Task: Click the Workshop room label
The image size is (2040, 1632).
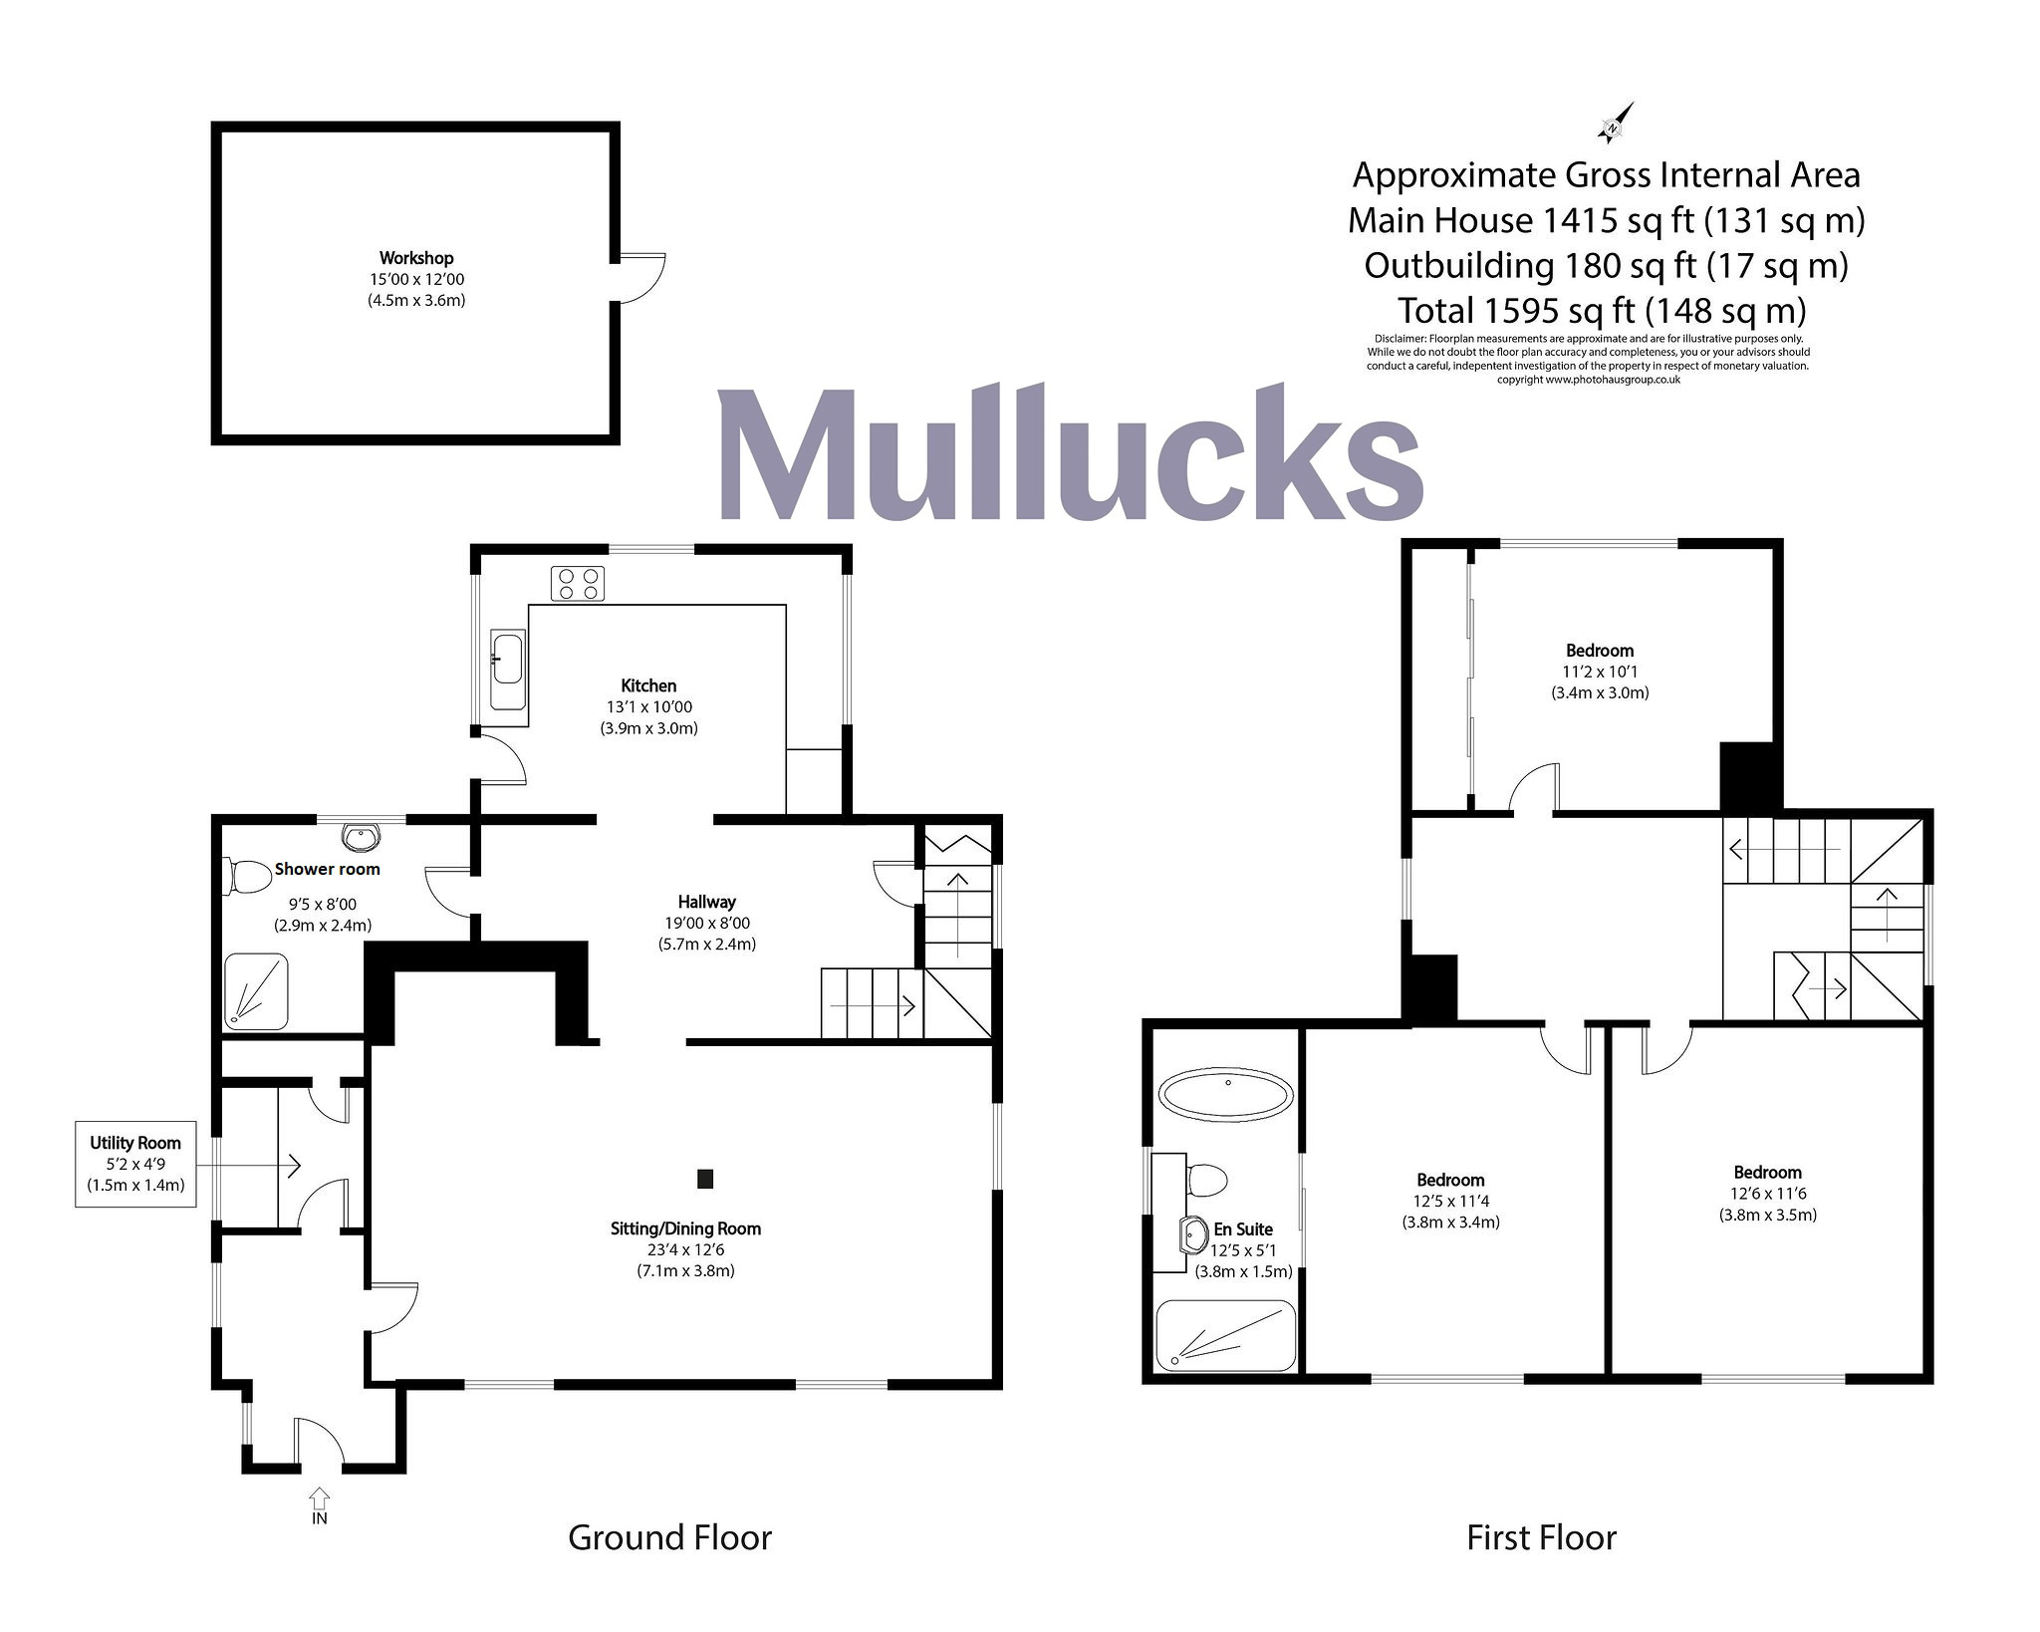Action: point(416,259)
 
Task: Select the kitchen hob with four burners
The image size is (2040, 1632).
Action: point(578,584)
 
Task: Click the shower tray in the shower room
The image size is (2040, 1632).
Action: point(255,991)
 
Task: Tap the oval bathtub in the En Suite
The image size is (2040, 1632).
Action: point(1226,1094)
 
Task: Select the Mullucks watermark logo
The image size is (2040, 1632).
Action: point(1070,453)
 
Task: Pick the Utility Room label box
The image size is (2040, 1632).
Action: point(135,1164)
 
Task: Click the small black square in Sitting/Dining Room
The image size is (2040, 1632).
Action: point(705,1179)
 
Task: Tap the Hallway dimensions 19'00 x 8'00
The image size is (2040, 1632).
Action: point(707,924)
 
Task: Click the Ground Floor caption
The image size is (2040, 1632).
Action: point(669,1538)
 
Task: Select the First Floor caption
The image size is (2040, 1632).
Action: point(1541,1538)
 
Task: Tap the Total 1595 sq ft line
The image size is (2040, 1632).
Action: point(1602,311)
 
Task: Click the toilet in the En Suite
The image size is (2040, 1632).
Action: point(1206,1180)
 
